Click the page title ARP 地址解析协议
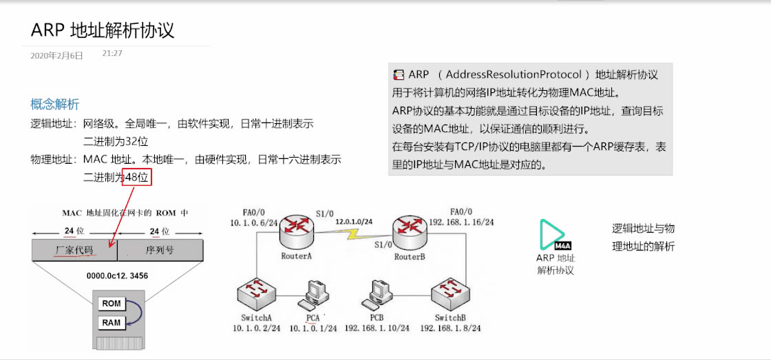pos(103,30)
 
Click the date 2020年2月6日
pos(57,56)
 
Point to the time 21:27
pos(112,53)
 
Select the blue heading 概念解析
pos(55,104)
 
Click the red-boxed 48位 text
pos(136,177)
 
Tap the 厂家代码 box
pos(74,250)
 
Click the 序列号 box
pos(160,250)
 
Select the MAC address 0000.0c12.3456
pos(118,275)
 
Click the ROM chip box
pos(111,304)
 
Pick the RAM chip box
pos(111,322)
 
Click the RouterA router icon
pos(297,233)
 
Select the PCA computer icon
pos(313,297)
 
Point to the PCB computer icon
pos(377,295)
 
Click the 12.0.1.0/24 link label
pos(354,222)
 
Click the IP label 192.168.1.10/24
pos(377,328)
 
